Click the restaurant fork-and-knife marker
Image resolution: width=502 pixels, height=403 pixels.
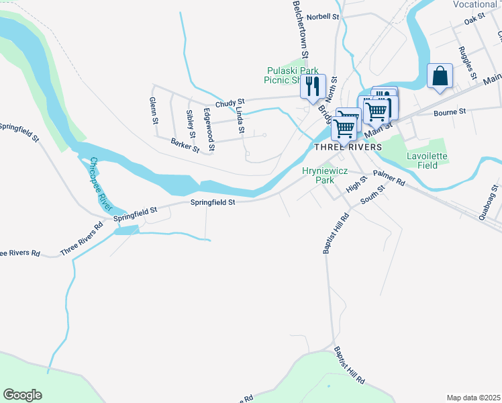point(313,87)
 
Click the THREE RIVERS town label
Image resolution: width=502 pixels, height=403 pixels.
point(348,146)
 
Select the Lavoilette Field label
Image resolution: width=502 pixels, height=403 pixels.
point(427,161)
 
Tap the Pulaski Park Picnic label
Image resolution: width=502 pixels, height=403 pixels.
point(293,75)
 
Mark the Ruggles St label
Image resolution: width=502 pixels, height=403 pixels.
point(465,60)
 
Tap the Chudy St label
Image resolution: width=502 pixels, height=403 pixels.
point(230,99)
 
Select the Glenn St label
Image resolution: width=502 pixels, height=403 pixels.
point(154,111)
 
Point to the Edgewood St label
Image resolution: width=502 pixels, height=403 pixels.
point(209,129)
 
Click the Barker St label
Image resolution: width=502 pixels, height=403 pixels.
point(185,144)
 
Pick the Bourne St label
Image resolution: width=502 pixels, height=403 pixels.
point(450,112)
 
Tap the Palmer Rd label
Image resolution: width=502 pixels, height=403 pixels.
point(390,178)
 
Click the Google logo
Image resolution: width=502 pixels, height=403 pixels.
point(22,395)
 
